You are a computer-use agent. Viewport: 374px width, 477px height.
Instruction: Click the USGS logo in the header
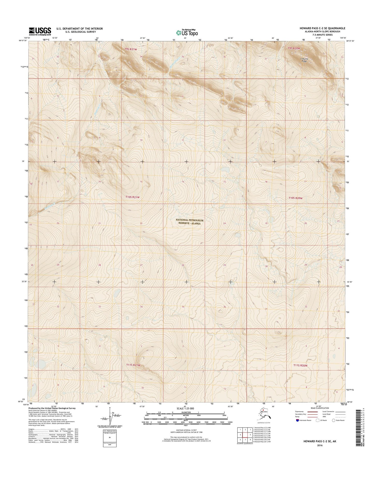point(40,31)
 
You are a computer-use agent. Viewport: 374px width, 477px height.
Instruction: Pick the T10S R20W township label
point(296,198)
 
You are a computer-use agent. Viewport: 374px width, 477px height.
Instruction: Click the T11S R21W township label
point(133,365)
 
